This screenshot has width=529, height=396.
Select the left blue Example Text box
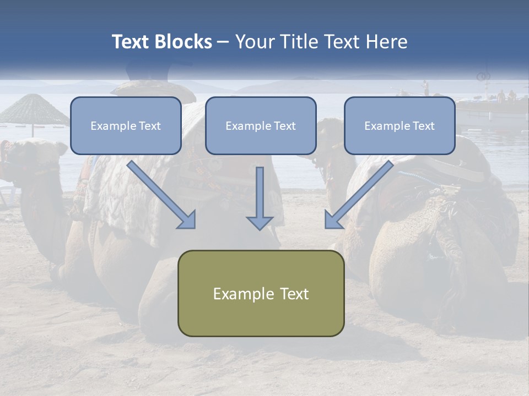coord(126,126)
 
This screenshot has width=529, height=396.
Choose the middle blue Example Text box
coord(261,126)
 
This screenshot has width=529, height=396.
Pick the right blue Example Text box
coord(400,126)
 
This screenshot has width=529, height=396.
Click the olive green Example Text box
coord(261,293)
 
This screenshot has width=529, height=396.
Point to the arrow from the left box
coord(162,195)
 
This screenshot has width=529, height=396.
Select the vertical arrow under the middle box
coord(260,198)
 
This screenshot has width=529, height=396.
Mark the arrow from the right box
coord(358,195)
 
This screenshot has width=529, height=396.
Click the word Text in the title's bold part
coord(130,42)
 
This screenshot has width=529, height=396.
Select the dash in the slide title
coord(223,42)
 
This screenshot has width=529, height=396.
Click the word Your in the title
coord(254,42)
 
